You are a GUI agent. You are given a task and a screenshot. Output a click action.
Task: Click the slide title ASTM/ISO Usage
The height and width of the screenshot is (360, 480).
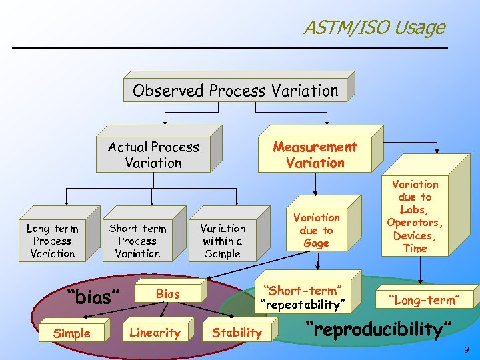click(x=374, y=27)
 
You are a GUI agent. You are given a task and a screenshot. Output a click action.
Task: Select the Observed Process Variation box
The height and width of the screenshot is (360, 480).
click(x=235, y=91)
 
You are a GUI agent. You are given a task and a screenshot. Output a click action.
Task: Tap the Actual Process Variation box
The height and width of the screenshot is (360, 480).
click(x=153, y=155)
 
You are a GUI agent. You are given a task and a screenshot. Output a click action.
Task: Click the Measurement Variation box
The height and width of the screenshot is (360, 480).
click(x=315, y=155)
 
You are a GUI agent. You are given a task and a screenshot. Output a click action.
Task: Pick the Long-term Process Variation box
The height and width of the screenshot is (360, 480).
click(x=52, y=241)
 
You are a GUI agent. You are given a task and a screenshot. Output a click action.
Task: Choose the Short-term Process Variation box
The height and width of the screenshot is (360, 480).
click(x=137, y=241)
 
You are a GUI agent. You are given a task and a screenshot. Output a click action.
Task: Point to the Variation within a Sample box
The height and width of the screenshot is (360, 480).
click(x=223, y=241)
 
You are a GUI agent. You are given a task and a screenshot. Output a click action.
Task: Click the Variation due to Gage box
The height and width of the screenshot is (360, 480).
click(x=316, y=231)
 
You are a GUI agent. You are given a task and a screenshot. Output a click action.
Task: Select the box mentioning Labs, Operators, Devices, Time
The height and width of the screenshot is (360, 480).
click(x=415, y=216)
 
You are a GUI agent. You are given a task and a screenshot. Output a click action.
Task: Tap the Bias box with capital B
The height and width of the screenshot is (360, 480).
click(x=168, y=294)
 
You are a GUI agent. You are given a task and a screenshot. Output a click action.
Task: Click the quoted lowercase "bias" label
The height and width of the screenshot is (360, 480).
click(x=94, y=296)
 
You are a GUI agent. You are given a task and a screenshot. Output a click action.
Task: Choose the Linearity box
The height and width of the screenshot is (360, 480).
click(x=155, y=333)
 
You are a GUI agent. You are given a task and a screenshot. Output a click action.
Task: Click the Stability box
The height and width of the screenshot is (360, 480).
click(x=237, y=333)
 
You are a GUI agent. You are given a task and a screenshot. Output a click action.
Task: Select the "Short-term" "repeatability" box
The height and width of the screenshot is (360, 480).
click(x=303, y=297)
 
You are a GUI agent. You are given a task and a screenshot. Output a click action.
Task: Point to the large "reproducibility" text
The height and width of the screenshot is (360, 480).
click(x=378, y=329)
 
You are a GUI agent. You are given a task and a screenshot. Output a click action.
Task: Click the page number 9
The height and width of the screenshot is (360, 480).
click(x=467, y=349)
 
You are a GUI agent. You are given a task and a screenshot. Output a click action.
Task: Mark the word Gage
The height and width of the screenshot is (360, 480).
click(x=316, y=243)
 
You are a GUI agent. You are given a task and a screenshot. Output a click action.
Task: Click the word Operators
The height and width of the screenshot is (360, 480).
click(x=415, y=223)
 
